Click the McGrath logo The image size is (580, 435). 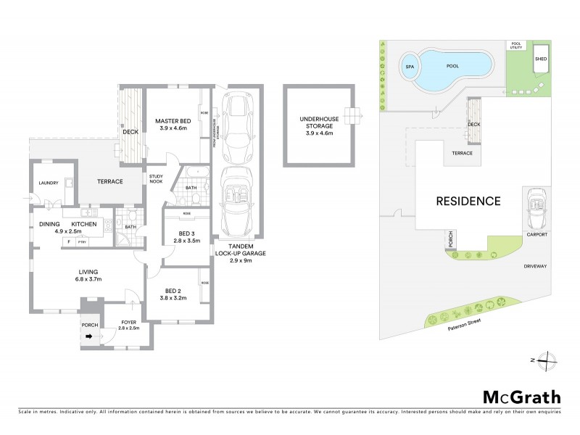521,397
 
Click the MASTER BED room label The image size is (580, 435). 174,124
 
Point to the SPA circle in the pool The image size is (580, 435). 410,65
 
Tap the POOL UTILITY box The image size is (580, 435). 516,45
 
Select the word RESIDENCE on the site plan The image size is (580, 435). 468,201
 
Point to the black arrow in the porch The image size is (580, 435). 90,336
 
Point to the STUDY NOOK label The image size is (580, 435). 157,180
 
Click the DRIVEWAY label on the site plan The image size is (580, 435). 535,266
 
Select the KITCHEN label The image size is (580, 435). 84,225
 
